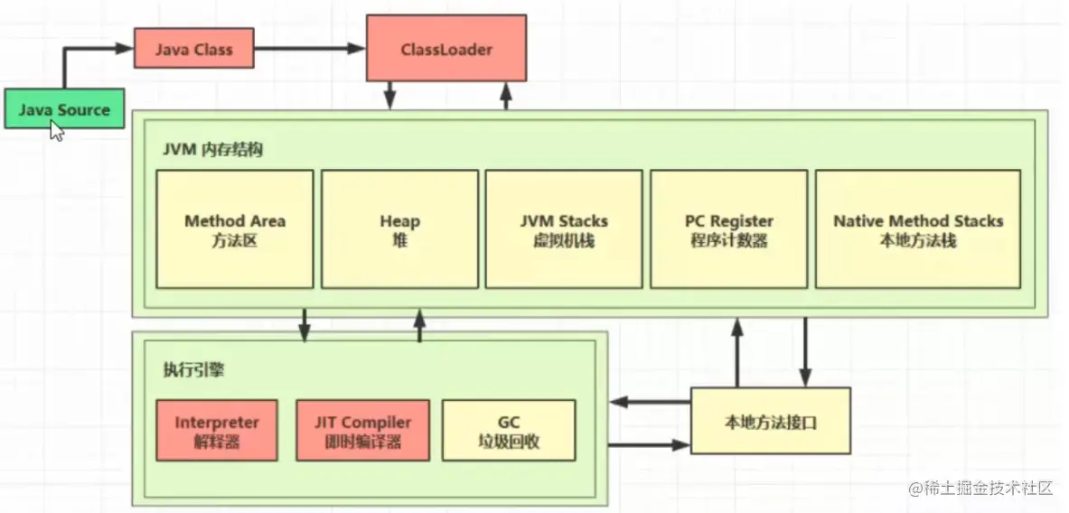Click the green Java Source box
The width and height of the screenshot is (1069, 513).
[64, 109]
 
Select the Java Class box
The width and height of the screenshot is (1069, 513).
[194, 49]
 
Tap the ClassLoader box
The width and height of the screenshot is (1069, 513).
[446, 49]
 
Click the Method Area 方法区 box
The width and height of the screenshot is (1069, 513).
[235, 229]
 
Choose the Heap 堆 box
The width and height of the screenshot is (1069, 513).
[399, 229]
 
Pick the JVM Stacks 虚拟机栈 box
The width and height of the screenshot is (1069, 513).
[564, 229]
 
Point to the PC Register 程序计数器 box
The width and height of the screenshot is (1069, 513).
[729, 229]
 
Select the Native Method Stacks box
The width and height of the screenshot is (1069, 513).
[918, 229]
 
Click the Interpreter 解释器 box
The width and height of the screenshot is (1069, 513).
[217, 430]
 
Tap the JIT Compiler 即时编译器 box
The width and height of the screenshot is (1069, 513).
[362, 430]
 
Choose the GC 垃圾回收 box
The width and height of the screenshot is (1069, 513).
[509, 430]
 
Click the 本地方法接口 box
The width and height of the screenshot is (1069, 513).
[771, 421]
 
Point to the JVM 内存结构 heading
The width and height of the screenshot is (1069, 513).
[212, 151]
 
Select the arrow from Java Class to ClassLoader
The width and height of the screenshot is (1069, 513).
[310, 49]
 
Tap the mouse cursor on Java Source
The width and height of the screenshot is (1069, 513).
[57, 130]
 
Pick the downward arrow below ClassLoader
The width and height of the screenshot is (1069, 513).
[390, 96]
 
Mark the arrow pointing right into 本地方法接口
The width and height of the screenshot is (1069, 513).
[649, 445]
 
